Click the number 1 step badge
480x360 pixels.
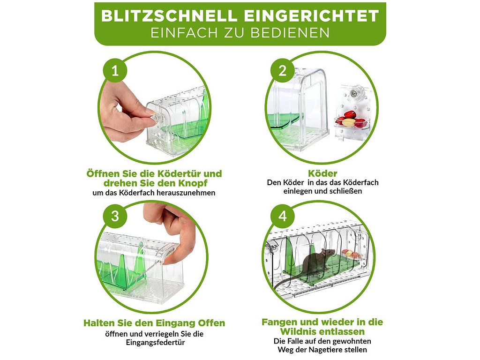click(x=115, y=70)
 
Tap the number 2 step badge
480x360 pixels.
click(x=282, y=70)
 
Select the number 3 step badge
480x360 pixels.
click(x=115, y=216)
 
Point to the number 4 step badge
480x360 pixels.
click(x=282, y=216)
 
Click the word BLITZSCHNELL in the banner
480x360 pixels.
click(x=169, y=16)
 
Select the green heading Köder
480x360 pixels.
click(x=322, y=173)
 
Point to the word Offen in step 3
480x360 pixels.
click(x=211, y=323)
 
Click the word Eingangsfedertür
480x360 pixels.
click(x=156, y=342)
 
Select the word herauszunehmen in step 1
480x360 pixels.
click(x=186, y=193)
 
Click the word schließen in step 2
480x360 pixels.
click(x=347, y=191)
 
